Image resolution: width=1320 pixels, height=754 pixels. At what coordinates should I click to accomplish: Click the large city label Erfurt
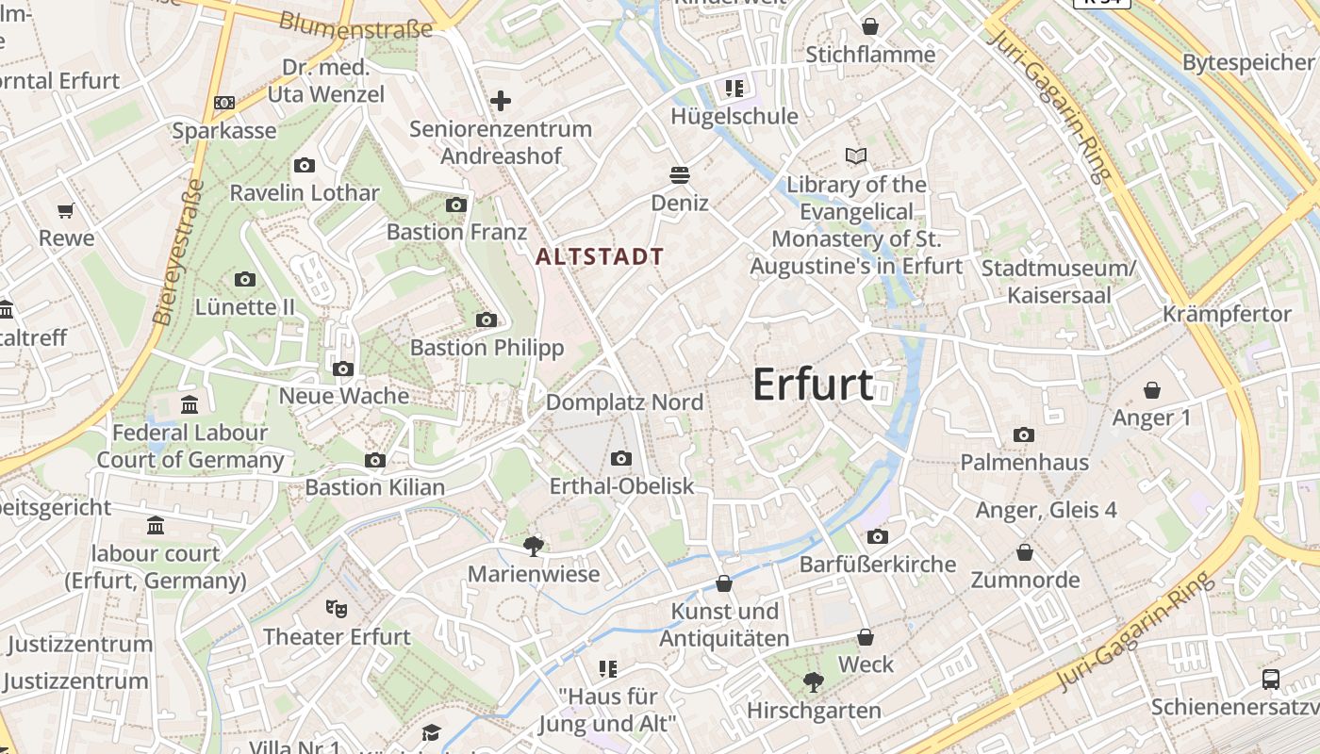(x=814, y=385)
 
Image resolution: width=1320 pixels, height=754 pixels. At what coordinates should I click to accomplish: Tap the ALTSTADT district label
(x=600, y=256)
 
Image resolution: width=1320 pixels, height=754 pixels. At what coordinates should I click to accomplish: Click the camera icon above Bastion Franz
(x=456, y=205)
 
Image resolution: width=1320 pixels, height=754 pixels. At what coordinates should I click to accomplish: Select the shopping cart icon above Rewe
(x=65, y=211)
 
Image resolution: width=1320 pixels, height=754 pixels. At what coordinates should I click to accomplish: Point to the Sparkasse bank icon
(x=224, y=103)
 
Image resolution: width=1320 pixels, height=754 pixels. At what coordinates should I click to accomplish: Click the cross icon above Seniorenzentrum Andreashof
(x=501, y=101)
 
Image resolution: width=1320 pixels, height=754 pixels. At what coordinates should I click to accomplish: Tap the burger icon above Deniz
(x=679, y=174)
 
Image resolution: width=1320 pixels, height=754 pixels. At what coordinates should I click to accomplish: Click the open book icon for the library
(x=856, y=156)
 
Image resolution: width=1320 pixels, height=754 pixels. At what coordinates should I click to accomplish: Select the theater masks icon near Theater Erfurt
(x=337, y=609)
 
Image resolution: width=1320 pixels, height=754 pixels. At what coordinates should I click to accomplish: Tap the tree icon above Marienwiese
(x=534, y=546)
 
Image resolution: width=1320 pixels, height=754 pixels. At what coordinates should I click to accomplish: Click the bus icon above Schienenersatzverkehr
(x=1271, y=679)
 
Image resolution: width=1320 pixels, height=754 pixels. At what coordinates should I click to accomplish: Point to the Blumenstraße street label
(x=356, y=25)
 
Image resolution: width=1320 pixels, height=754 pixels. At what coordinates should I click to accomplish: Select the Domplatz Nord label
(x=625, y=402)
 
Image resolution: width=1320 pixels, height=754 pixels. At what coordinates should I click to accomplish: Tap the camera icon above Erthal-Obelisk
(x=620, y=459)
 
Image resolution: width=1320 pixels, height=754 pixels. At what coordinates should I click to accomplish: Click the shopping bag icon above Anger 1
(x=1151, y=390)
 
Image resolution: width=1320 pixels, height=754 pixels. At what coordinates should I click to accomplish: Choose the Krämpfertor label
(x=1227, y=314)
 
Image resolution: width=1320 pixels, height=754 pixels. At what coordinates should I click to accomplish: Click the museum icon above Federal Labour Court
(x=190, y=405)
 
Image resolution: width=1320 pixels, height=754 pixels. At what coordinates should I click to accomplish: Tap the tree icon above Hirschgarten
(x=813, y=682)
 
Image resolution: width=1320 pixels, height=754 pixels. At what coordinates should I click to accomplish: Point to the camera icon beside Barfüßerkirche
(x=878, y=537)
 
